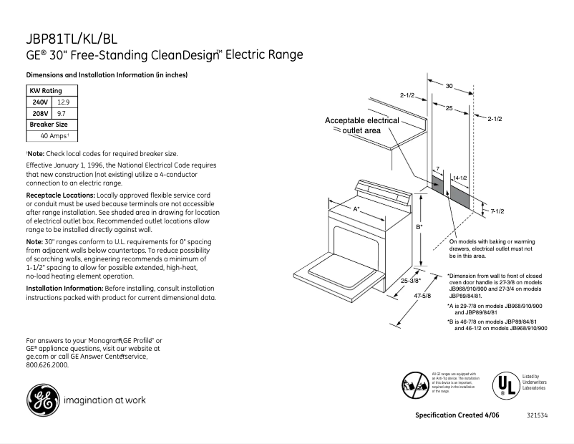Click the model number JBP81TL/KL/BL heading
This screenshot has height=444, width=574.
(x=72, y=39)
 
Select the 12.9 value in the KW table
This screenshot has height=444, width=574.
(x=64, y=102)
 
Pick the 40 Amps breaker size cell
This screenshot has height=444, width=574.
(x=54, y=135)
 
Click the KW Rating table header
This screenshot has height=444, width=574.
(x=45, y=91)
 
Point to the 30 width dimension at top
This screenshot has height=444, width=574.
(x=449, y=86)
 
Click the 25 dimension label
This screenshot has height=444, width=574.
(x=448, y=108)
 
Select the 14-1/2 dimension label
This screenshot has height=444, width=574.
(x=460, y=177)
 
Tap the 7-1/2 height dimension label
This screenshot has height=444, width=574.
(x=498, y=211)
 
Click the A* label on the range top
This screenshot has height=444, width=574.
(x=356, y=208)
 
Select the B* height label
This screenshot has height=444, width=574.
(x=419, y=227)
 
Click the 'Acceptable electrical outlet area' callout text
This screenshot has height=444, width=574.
(x=361, y=125)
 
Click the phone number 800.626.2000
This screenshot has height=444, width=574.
(x=47, y=365)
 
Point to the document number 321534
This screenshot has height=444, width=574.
(x=536, y=416)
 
